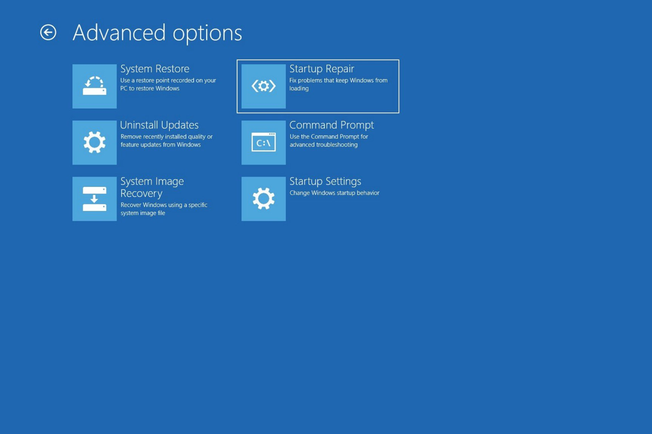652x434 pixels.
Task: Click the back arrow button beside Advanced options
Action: pos(48,33)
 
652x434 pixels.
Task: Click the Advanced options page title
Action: pos(157,33)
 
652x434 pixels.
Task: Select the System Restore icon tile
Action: pos(94,86)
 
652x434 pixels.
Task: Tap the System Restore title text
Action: pos(155,69)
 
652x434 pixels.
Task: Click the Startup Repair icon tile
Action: pos(264,86)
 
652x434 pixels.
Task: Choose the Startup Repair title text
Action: pos(322,69)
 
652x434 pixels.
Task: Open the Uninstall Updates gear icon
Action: pos(94,142)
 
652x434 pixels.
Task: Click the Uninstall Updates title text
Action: pos(159,125)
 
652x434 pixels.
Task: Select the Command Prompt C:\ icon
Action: pos(264,142)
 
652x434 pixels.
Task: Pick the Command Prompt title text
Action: pos(331,125)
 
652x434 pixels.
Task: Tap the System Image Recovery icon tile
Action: pos(94,199)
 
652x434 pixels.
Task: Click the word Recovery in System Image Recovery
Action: pos(141,194)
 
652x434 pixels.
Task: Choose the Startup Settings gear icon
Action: pos(264,199)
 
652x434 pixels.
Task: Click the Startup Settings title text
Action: pos(325,181)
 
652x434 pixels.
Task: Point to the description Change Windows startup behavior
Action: pos(334,193)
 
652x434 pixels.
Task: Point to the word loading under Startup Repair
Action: pos(299,88)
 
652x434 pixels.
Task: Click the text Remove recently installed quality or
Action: pos(166,137)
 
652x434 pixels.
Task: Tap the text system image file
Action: pos(143,213)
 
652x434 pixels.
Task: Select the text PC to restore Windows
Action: pos(150,88)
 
